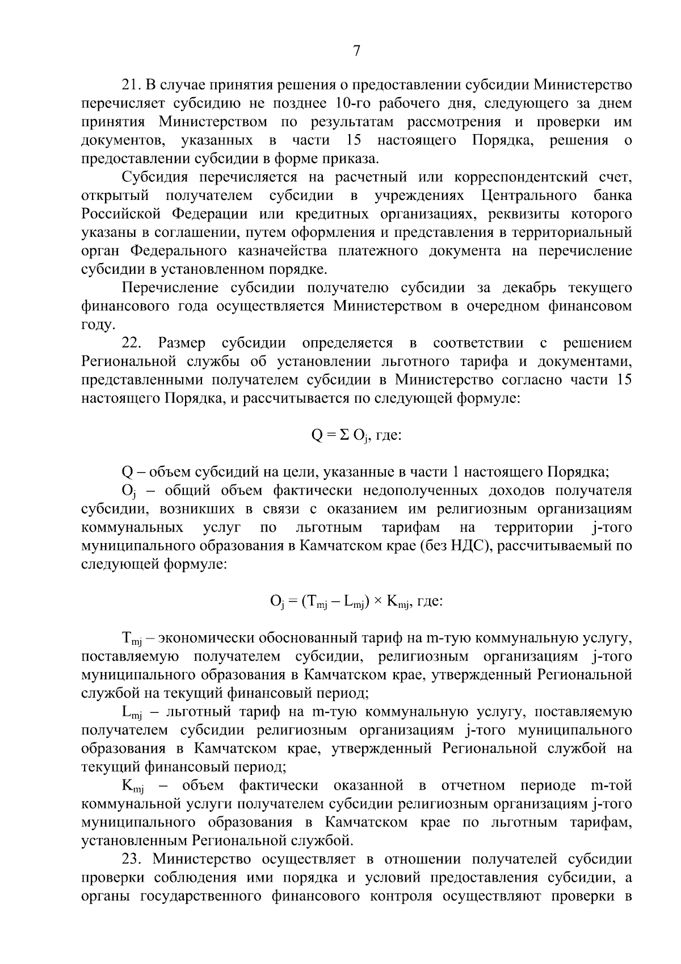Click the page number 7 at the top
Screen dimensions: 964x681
[356, 51]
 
